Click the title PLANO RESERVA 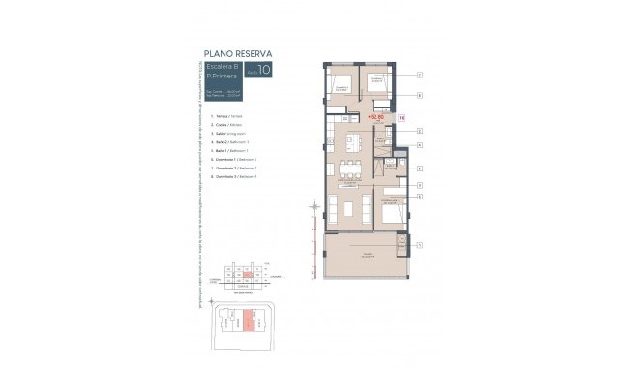click(237, 53)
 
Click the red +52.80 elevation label click(376, 116)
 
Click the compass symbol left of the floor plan click(313, 205)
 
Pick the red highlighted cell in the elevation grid click(249, 276)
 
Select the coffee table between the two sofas click(350, 206)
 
